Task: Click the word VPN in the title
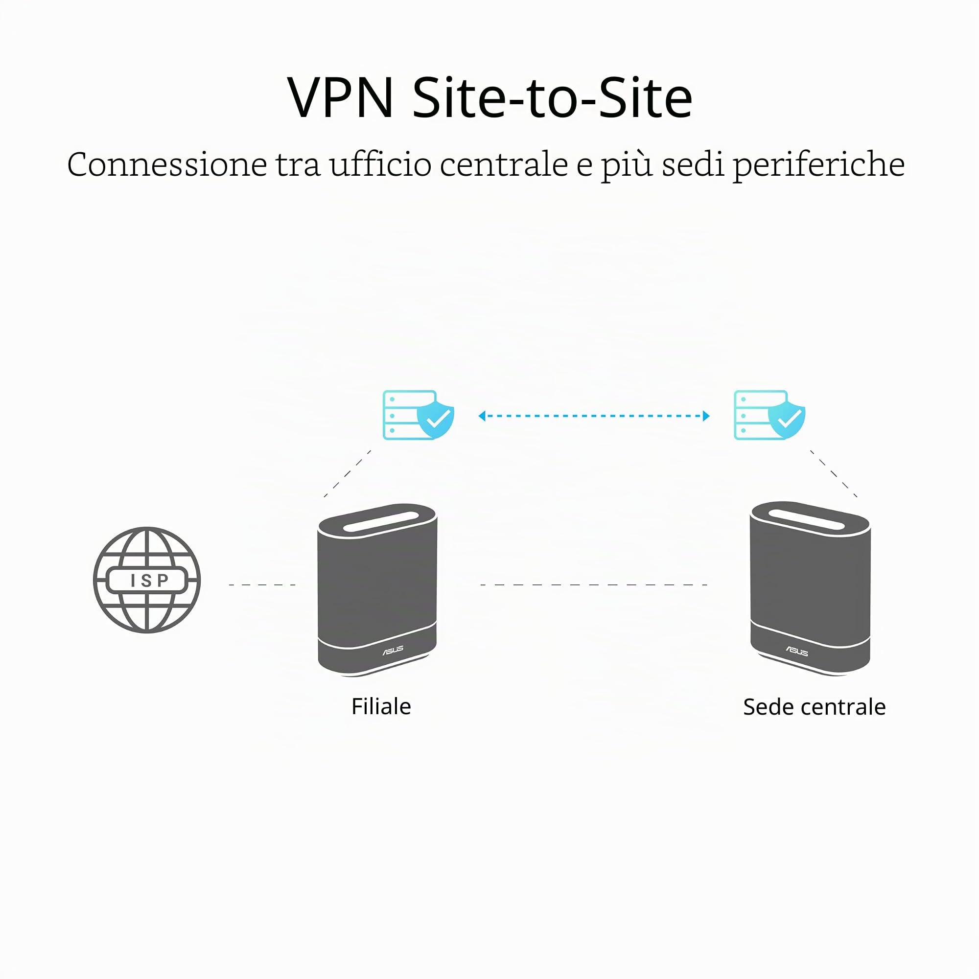[x=341, y=97]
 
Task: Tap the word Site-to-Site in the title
[x=553, y=97]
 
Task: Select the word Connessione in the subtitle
[x=167, y=164]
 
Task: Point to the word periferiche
[x=819, y=165]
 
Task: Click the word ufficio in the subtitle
[x=380, y=164]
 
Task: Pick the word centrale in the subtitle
[x=504, y=164]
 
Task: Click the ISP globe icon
[x=147, y=580]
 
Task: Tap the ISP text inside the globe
[x=149, y=580]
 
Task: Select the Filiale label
[x=381, y=706]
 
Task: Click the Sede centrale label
[x=815, y=707]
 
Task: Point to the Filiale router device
[x=377, y=590]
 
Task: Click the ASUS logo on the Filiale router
[x=393, y=650]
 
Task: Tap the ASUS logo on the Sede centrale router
[x=797, y=651]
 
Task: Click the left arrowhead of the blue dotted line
[x=482, y=416]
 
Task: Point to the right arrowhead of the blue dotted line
[x=706, y=416]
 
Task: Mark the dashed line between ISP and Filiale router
[x=262, y=585]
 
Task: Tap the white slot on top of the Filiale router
[x=381, y=522]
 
